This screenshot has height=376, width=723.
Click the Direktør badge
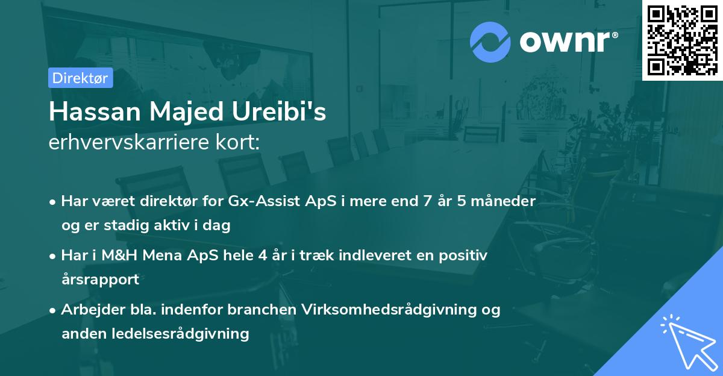coord(81,78)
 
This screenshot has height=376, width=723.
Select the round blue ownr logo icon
coord(490,42)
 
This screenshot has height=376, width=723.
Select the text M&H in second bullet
coord(114,255)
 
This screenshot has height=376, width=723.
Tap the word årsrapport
coord(100,279)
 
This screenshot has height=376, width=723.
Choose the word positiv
coord(465,255)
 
